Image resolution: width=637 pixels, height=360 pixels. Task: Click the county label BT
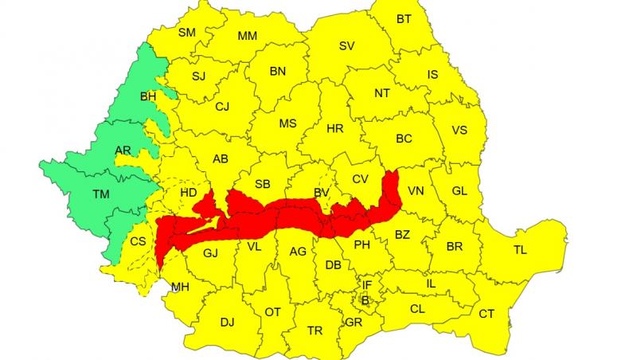[404, 19]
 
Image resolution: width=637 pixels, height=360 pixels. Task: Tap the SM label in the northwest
[186, 33]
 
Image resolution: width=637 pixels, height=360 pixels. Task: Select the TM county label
[101, 194]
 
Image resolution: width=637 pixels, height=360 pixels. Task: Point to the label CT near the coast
[487, 314]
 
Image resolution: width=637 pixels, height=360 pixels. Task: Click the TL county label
[520, 250]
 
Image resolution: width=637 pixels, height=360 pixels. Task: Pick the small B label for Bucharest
[365, 299]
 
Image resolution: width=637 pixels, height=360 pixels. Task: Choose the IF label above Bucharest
[367, 284]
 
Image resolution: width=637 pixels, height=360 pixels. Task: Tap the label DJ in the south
[227, 322]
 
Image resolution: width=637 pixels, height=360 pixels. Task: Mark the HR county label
[334, 127]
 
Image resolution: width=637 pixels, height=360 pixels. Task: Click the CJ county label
[222, 106]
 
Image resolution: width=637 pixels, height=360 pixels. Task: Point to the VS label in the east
[459, 131]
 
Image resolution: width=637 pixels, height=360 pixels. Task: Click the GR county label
[354, 323]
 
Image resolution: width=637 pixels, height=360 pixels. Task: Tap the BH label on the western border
[148, 96]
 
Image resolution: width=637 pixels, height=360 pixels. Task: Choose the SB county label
[263, 183]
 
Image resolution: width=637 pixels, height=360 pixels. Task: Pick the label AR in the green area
[123, 150]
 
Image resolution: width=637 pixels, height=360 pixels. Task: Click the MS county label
[287, 123]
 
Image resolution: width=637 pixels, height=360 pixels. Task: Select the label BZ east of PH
[402, 234]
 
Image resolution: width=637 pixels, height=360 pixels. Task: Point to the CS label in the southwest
[139, 241]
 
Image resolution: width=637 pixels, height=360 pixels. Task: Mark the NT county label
[382, 92]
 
